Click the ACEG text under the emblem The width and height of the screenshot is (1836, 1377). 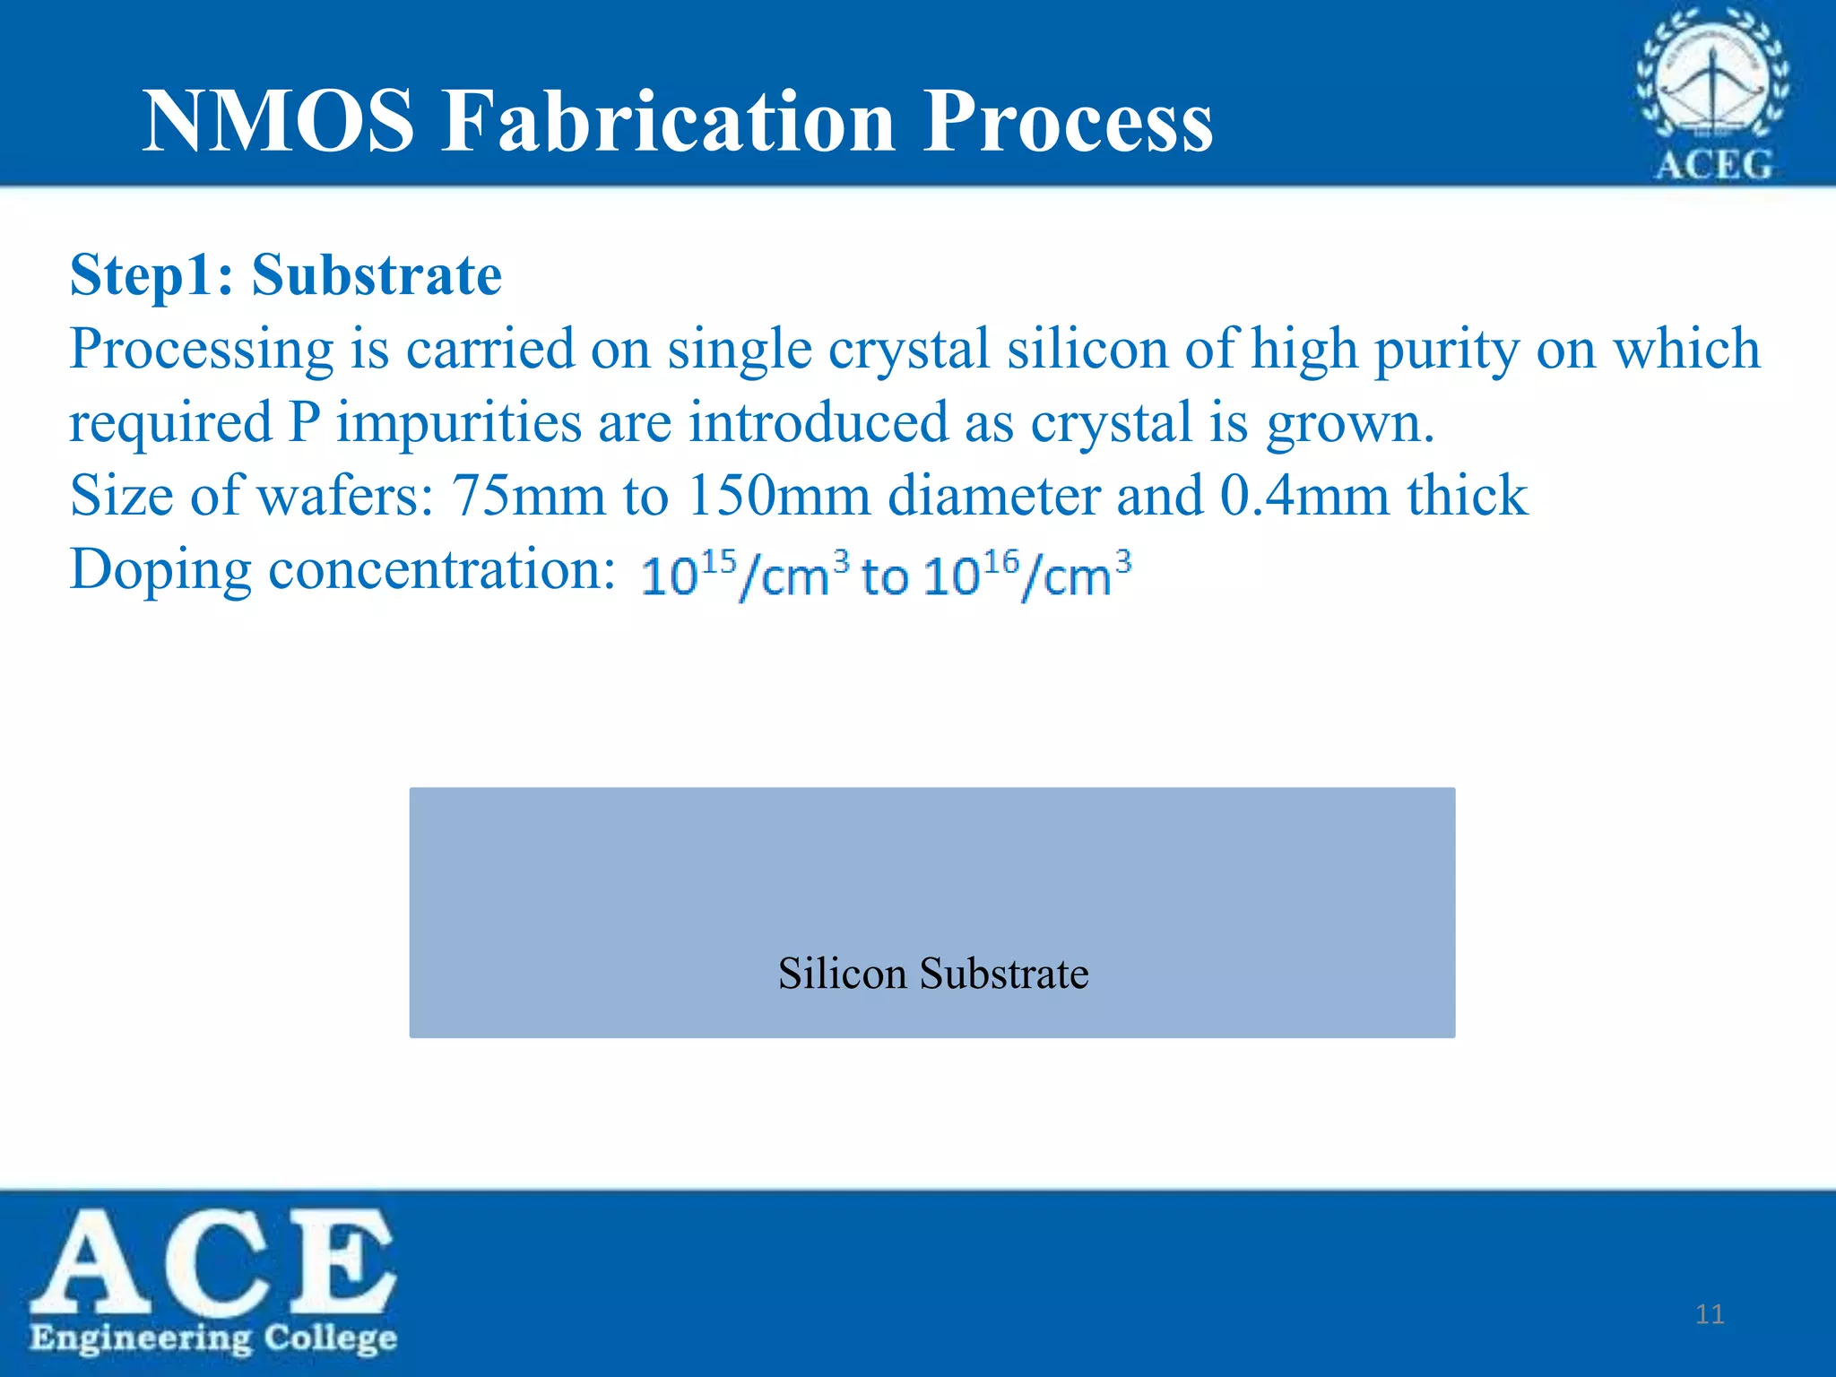pyautogui.click(x=1713, y=165)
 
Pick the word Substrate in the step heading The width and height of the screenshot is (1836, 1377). pyautogui.click(x=377, y=274)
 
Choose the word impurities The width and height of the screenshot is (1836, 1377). pyautogui.click(x=459, y=423)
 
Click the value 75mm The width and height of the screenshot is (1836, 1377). pyautogui.click(x=529, y=496)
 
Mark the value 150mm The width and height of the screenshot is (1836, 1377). pyautogui.click(x=779, y=496)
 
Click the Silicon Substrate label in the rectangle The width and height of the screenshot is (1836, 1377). pyautogui.click(x=932, y=974)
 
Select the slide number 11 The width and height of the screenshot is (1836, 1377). pyautogui.click(x=1710, y=1314)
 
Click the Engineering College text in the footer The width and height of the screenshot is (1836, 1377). pyautogui.click(x=213, y=1338)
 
